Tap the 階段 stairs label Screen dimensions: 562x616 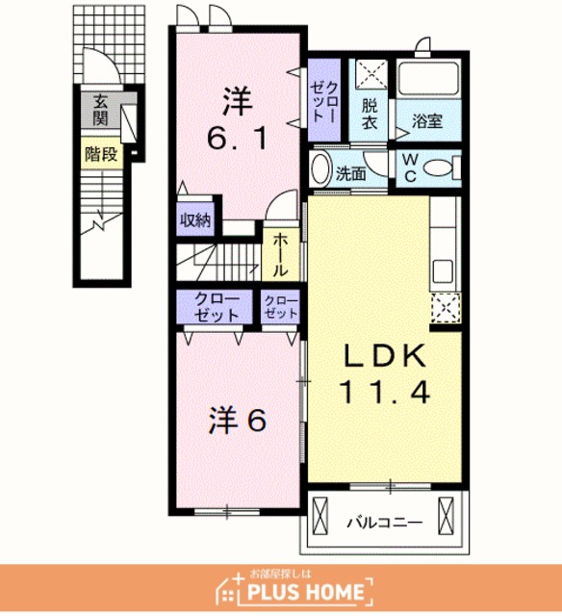tap(101, 154)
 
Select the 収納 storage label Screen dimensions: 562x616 tap(195, 220)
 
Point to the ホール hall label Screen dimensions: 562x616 tap(280, 254)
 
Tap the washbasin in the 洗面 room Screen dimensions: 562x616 tap(321, 168)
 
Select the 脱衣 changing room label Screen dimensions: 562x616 tap(370, 115)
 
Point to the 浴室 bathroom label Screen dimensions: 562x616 tap(427, 120)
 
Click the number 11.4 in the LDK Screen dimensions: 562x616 tap(385, 394)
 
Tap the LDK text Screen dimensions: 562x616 tap(385, 356)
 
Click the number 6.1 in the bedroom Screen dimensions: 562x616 tap(238, 139)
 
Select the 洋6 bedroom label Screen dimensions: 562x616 tap(238, 421)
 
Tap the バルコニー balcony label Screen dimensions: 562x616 tap(385, 523)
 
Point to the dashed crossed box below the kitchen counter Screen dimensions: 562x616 tap(446, 308)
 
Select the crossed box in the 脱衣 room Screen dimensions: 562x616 tap(371, 74)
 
